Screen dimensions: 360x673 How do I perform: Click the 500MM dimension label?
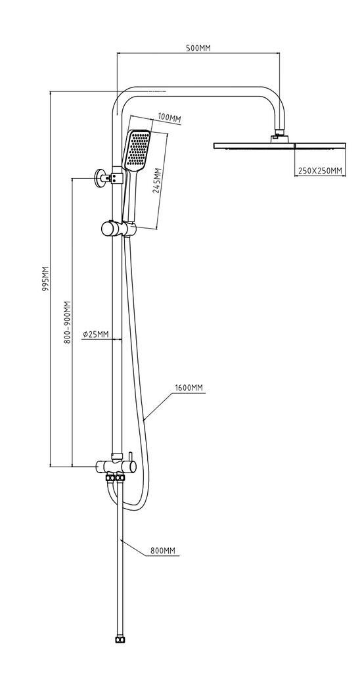pyautogui.click(x=198, y=47)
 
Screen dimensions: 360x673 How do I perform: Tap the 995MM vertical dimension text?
pyautogui.click(x=45, y=279)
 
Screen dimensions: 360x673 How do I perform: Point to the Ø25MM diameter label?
pyautogui.click(x=96, y=333)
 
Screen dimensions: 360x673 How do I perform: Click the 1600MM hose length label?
pyautogui.click(x=189, y=388)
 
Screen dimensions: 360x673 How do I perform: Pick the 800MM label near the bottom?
pyautogui.click(x=163, y=551)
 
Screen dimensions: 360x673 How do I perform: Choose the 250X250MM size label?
pyautogui.click(x=320, y=171)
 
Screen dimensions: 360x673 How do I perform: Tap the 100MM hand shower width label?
pyautogui.click(x=169, y=118)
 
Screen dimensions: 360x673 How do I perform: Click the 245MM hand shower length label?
pyautogui.click(x=157, y=180)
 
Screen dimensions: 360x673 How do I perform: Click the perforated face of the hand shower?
pyautogui.click(x=137, y=151)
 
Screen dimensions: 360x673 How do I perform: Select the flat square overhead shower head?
pyautogui.click(x=279, y=145)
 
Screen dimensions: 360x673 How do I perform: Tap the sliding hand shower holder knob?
pyautogui.click(x=109, y=229)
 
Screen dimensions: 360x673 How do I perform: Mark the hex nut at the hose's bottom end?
pyautogui.click(x=120, y=640)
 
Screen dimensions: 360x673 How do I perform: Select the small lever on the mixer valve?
pyautogui.click(x=129, y=456)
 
